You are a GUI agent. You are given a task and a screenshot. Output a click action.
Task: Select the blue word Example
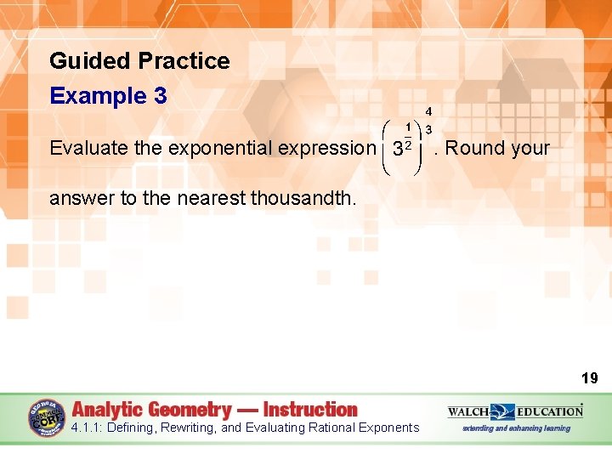(98, 96)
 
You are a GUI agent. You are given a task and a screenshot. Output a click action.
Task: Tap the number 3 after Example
(161, 96)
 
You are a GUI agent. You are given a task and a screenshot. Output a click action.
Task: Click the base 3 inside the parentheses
(397, 150)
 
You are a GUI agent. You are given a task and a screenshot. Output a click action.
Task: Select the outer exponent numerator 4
(429, 111)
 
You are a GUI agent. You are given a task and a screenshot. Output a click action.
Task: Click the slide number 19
(590, 378)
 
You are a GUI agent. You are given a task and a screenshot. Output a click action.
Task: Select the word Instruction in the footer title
(310, 409)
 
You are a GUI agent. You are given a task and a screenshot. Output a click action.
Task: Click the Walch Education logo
(516, 411)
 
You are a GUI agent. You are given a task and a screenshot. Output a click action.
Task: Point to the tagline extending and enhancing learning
(516, 428)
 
